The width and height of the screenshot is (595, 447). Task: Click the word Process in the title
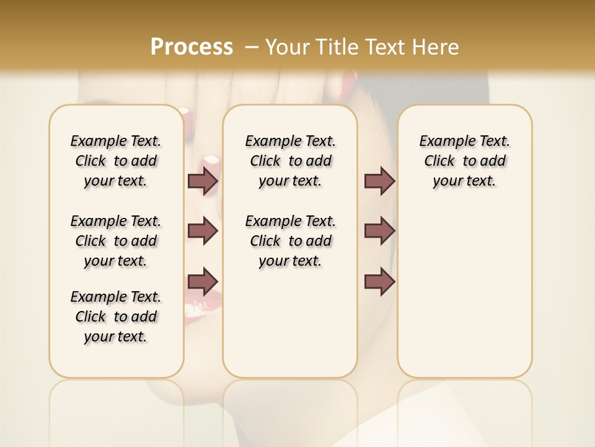[192, 47]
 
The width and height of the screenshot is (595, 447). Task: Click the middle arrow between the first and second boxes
[203, 231]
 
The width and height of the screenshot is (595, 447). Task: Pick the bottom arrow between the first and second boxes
[203, 281]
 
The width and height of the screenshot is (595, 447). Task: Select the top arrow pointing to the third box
[379, 181]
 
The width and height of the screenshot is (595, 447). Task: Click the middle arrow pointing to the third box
[379, 231]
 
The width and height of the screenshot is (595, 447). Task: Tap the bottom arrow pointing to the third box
[379, 281]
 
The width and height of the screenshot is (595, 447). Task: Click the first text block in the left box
[116, 161]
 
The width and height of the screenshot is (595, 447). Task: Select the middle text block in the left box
[116, 241]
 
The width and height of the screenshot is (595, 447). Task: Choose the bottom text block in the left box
[116, 317]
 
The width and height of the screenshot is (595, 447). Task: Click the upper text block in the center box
[290, 161]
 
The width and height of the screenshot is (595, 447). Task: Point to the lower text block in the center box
[290, 241]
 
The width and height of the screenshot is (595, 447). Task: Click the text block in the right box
[464, 161]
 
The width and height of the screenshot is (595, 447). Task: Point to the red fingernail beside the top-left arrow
[211, 163]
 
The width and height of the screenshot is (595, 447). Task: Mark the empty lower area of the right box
[464, 292]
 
